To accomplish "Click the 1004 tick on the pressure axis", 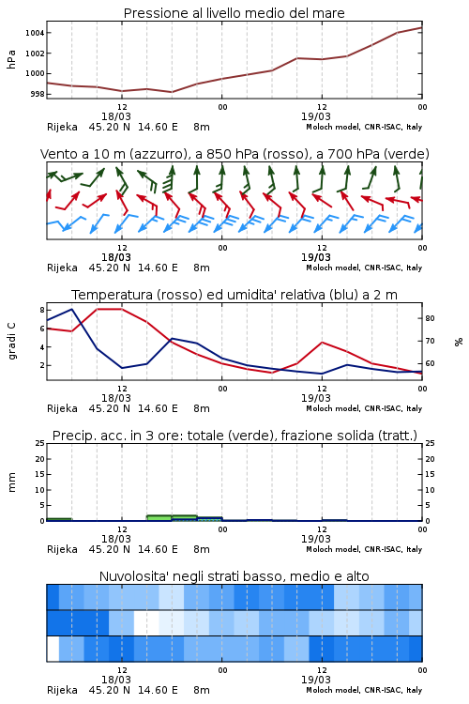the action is tap(35, 33).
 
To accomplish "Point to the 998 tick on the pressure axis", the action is tap(37, 94).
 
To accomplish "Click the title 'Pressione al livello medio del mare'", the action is tap(234, 13).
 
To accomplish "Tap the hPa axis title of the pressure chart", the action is tap(11, 59).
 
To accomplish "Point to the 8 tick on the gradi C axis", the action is tap(42, 310).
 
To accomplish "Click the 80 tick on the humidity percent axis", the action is tap(430, 318).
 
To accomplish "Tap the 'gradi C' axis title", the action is tap(11, 342).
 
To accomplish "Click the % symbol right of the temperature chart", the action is tap(459, 342).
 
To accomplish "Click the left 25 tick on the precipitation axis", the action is tap(40, 443).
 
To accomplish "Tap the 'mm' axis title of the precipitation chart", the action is tap(11, 482).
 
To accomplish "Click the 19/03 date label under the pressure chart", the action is tap(316, 116).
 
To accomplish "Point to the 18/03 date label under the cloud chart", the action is tap(116, 680).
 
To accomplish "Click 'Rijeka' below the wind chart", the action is tap(63, 268).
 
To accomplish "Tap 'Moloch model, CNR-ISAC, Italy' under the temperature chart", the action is tap(364, 408).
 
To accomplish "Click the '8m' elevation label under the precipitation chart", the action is tap(202, 549).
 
